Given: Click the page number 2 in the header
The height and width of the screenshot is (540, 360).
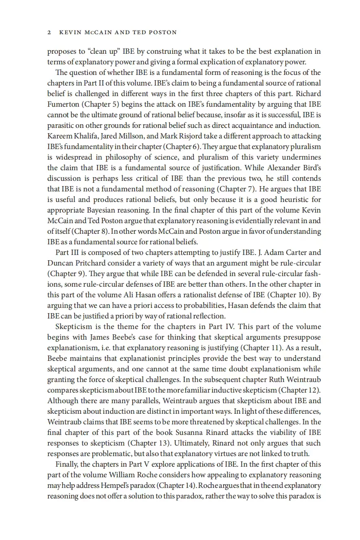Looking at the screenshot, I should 49,32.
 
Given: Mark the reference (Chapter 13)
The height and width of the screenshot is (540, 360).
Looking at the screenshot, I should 193,443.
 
